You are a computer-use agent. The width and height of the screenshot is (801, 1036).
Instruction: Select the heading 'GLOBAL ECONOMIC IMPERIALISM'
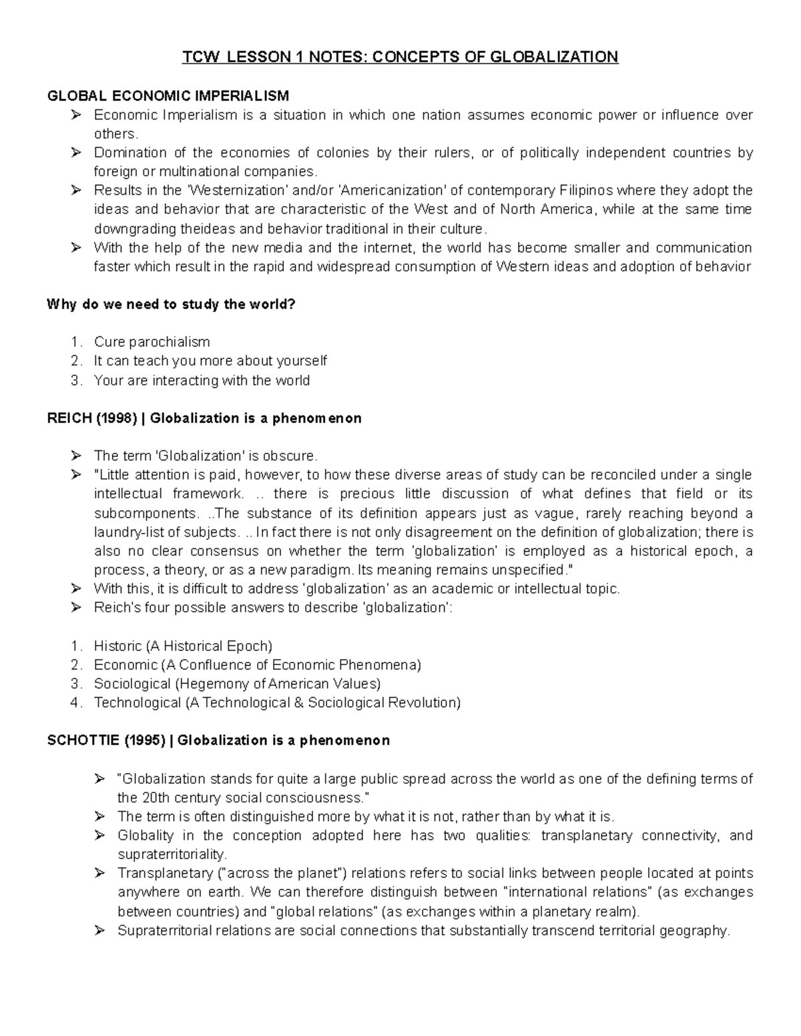[168, 96]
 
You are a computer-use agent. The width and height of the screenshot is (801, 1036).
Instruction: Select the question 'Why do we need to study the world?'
[171, 305]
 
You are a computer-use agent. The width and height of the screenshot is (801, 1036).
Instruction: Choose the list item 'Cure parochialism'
[152, 342]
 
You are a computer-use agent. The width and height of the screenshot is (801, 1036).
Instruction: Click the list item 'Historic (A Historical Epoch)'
[183, 646]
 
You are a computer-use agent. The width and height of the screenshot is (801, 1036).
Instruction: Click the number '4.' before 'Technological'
[77, 703]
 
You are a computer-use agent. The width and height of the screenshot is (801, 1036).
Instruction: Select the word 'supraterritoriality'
[172, 855]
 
